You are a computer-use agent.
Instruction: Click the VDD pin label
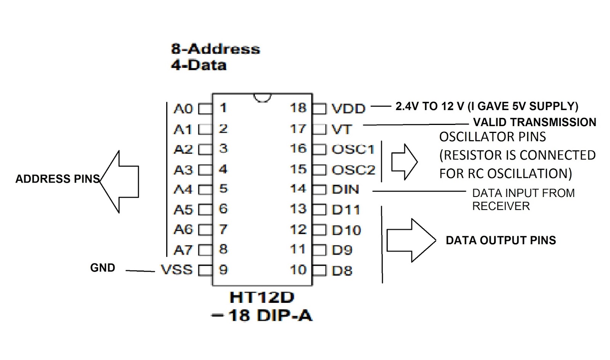348,109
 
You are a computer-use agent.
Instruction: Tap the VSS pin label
177,270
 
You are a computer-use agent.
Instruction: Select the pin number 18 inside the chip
298,108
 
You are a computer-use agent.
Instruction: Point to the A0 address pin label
183,109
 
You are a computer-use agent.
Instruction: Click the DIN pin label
345,189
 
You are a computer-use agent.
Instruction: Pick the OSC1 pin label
353,149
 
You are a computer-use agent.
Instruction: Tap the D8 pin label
342,271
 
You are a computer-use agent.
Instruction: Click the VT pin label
342,129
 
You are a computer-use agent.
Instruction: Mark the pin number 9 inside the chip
223,270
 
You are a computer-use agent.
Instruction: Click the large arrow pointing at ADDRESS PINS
119,181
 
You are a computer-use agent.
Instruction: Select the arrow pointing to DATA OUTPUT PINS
411,240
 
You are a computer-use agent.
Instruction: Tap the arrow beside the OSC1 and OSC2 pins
405,162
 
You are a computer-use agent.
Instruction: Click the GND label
103,268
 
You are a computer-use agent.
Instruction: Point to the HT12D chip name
262,298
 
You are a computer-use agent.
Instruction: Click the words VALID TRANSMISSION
535,122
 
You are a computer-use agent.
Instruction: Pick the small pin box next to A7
205,250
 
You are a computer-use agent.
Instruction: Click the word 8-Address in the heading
215,49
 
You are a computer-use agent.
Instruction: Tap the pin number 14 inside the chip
298,189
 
